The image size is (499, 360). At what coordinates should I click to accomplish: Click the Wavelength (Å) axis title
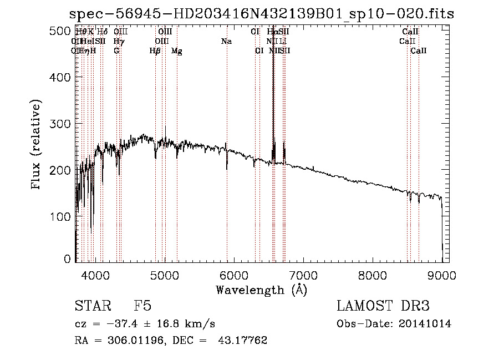(261, 290)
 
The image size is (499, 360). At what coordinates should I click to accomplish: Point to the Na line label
(226, 41)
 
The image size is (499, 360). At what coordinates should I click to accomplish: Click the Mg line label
(177, 51)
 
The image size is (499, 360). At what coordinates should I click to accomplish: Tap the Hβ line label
(155, 51)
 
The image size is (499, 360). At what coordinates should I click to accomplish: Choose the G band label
(116, 51)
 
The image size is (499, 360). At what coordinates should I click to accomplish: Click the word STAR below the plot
(91, 307)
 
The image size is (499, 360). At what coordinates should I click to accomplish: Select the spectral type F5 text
(142, 307)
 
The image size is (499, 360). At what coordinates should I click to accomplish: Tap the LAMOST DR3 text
(383, 307)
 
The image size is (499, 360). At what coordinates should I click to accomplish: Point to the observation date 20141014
(427, 324)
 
